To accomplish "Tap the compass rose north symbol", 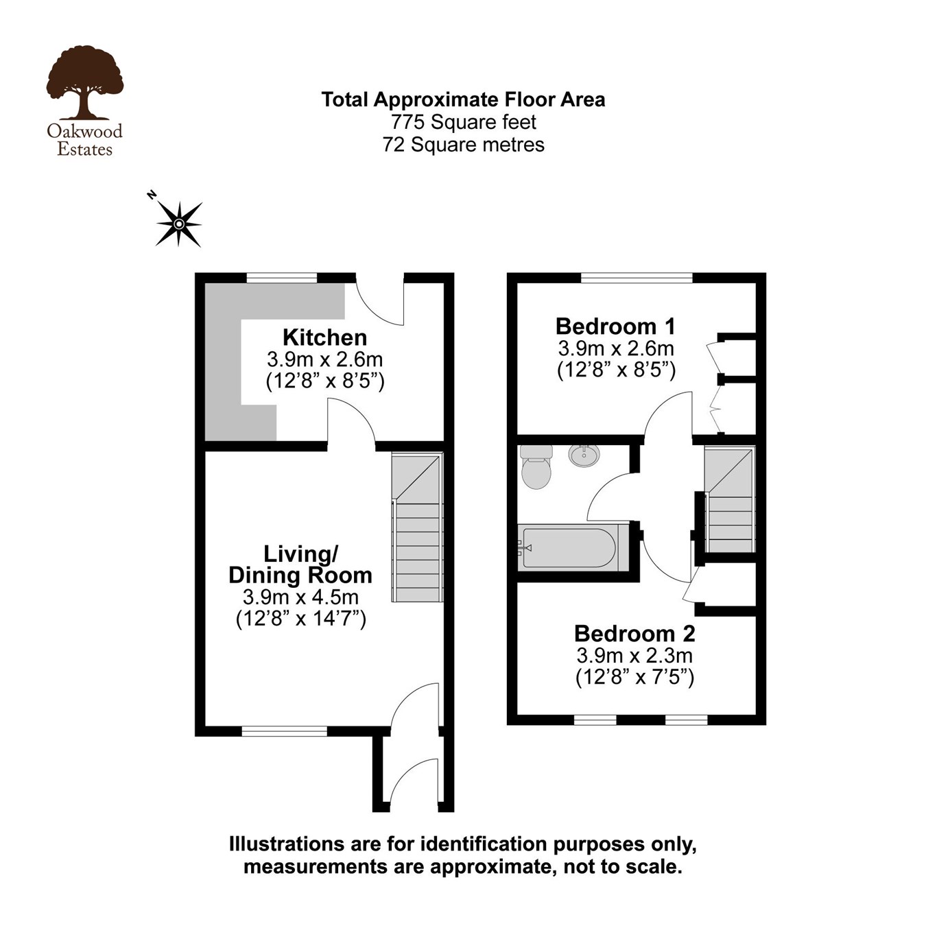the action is click(x=178, y=224).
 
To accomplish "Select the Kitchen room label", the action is click(x=324, y=337).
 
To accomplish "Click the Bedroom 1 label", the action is click(x=615, y=326).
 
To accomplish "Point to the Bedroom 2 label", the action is click(x=634, y=632).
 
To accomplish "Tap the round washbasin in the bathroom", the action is click(x=584, y=454).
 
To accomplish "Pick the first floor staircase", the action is click(x=731, y=501).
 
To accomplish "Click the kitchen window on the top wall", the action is click(x=282, y=278).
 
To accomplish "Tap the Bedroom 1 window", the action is click(x=637, y=278).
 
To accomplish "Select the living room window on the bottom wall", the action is click(x=285, y=731).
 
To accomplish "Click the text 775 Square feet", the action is click(x=463, y=122).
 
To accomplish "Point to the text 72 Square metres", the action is click(x=463, y=145).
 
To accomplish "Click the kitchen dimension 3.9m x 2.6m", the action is click(x=324, y=359).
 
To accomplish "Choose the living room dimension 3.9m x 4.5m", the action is click(x=300, y=597).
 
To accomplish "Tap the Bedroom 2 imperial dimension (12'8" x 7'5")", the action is click(x=634, y=677).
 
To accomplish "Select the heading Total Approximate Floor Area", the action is click(x=463, y=99).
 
